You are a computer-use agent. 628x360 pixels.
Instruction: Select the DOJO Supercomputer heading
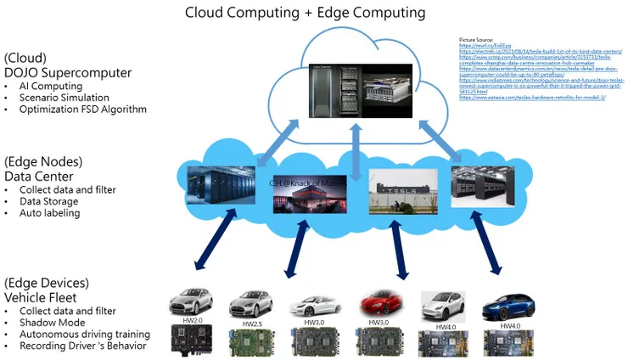(68, 72)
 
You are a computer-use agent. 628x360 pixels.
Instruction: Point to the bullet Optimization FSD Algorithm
(83, 110)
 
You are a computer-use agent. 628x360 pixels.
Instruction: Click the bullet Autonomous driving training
(84, 335)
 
